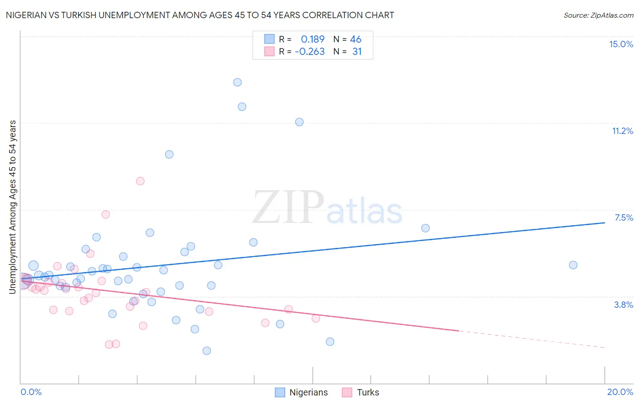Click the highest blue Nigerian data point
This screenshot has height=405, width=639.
(x=237, y=82)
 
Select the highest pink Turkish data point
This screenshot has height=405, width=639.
(x=140, y=181)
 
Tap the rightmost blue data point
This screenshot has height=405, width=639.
(x=573, y=265)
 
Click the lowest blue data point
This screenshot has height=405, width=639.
(x=207, y=351)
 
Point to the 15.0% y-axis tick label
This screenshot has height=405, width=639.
(x=621, y=44)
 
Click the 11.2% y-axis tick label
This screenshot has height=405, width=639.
(x=622, y=131)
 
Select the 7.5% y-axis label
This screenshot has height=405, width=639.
(x=624, y=217)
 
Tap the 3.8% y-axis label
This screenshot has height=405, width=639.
(x=624, y=305)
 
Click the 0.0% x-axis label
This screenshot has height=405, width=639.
(x=31, y=392)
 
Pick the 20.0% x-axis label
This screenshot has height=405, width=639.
(x=620, y=392)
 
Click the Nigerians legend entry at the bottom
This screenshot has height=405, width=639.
(x=302, y=392)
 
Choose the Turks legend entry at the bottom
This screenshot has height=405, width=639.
(x=361, y=392)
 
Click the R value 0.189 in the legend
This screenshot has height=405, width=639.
(x=313, y=39)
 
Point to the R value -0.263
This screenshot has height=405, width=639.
(x=310, y=51)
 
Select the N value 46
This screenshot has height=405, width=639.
(x=355, y=39)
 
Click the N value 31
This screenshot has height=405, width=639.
(x=357, y=51)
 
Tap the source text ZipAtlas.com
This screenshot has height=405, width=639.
(x=598, y=15)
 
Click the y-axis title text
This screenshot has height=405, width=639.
(x=12, y=207)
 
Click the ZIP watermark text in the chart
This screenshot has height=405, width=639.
(x=288, y=207)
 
